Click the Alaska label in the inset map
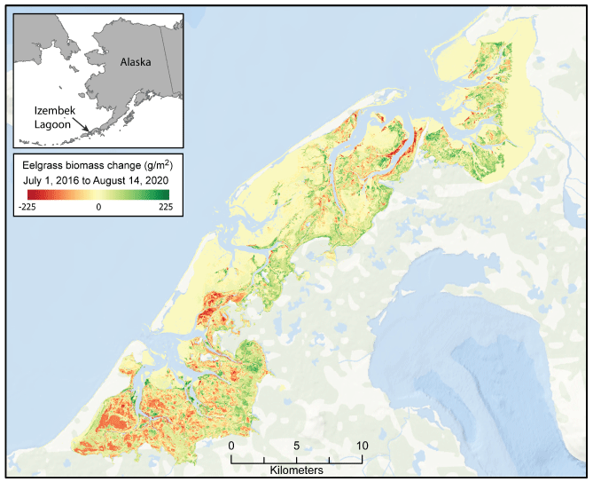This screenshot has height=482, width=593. point(136,62)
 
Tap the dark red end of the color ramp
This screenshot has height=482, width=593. point(21,194)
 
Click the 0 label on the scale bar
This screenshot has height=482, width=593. point(231,446)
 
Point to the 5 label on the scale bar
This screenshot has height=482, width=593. point(296,446)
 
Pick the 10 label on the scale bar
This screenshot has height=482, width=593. point(361,446)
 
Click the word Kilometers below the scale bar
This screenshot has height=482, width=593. point(296,469)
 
